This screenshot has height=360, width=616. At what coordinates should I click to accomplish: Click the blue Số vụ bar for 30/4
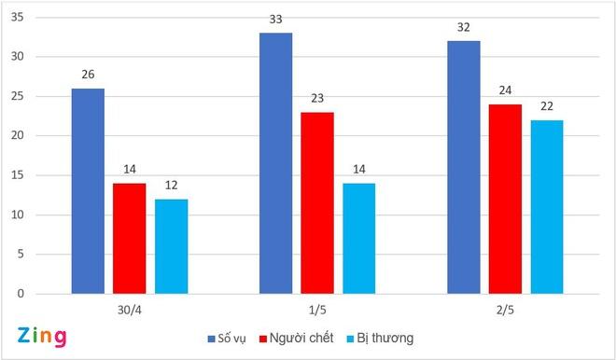point(88,191)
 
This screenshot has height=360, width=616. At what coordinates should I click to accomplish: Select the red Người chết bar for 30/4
point(130,239)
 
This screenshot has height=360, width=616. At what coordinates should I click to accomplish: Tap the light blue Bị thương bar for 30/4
point(171,246)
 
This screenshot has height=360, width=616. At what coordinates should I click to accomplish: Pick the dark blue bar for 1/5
point(275,163)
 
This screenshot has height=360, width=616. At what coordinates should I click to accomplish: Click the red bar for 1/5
point(317,203)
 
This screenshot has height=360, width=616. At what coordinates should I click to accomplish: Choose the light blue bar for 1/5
point(358,239)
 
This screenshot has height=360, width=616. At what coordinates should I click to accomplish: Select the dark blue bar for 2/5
point(463,168)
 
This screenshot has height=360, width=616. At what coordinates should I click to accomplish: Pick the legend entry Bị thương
point(383,337)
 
